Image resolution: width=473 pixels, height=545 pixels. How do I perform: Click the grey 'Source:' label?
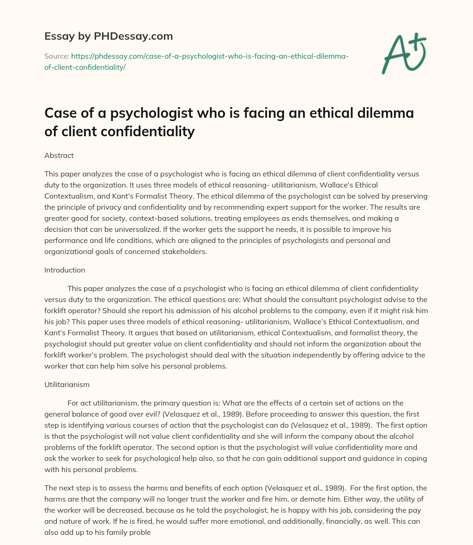point(56,56)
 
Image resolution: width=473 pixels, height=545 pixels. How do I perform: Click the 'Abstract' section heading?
point(59,156)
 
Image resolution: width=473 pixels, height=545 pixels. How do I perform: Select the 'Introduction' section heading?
point(65,270)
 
